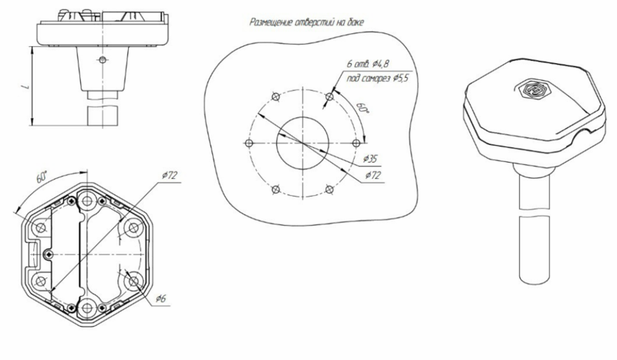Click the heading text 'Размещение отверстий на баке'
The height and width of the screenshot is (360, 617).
pos(306,22)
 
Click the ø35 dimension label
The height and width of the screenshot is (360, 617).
pos(370,159)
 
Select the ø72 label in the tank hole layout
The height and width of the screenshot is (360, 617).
pos(373,175)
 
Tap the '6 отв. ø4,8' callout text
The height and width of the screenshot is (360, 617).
pos(368,64)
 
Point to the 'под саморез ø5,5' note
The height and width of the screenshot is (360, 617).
pos(377,79)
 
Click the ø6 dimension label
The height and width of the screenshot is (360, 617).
pos(160,298)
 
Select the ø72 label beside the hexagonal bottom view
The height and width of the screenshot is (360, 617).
pos(170,176)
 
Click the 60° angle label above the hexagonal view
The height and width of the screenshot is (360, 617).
pos(42,177)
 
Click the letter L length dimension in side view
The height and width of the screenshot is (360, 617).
pos(26,86)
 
